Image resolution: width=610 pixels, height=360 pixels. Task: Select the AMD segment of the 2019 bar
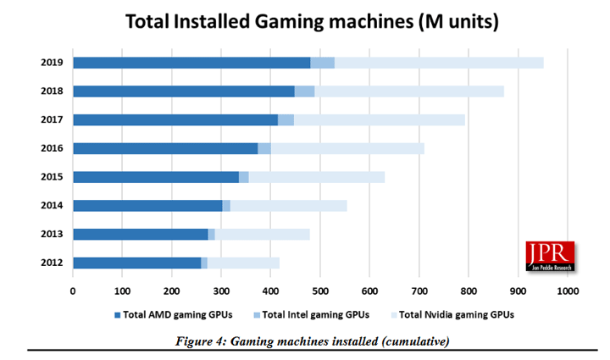pyautogui.click(x=191, y=62)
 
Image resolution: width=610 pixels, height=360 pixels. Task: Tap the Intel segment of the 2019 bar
pyautogui.click(x=322, y=62)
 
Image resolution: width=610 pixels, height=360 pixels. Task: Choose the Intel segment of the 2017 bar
pyautogui.click(x=286, y=119)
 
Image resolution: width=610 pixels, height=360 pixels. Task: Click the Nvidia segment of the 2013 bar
pyautogui.click(x=262, y=234)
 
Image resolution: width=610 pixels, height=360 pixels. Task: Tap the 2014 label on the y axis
pyautogui.click(x=51, y=206)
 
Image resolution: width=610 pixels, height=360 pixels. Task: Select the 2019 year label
pyautogui.click(x=51, y=62)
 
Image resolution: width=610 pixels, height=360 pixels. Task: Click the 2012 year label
pyautogui.click(x=51, y=263)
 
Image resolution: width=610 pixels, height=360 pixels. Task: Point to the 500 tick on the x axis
pyautogui.click(x=320, y=291)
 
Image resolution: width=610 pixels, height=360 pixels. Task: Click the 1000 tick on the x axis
pyautogui.click(x=567, y=291)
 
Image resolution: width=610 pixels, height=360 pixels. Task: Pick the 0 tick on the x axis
pyautogui.click(x=73, y=291)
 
